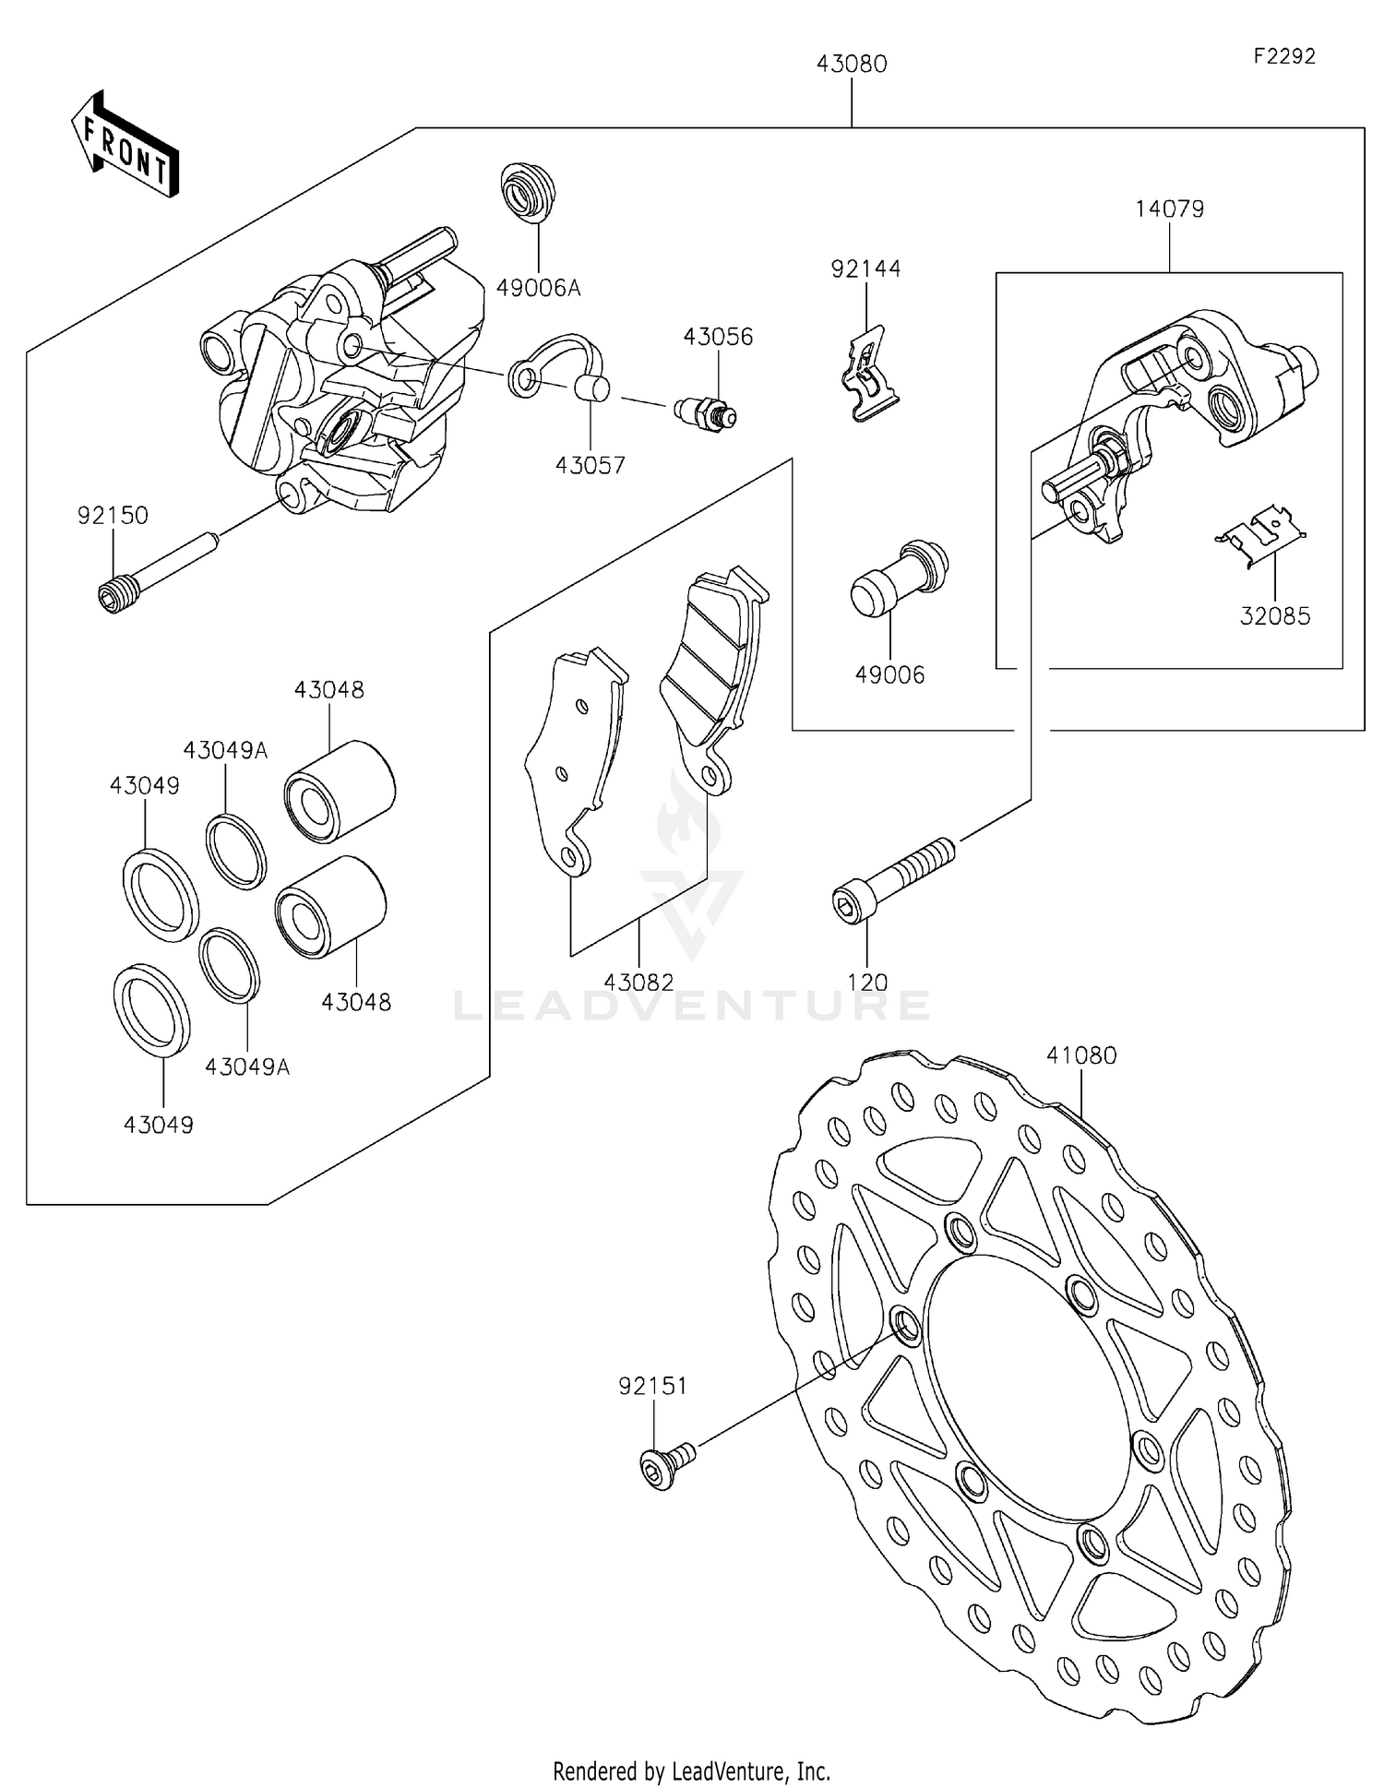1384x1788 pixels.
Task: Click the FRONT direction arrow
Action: tap(125, 146)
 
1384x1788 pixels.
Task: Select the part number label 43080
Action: tap(851, 64)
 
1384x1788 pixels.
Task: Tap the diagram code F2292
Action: tap(1283, 56)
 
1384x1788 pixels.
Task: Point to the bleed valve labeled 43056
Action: tap(706, 412)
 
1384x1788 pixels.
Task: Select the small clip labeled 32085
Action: tap(1261, 534)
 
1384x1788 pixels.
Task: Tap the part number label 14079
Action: tap(1169, 209)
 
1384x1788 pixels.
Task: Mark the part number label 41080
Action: tap(1081, 1055)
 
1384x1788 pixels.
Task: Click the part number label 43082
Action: tap(638, 982)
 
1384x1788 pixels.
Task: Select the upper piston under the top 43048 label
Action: tap(340, 791)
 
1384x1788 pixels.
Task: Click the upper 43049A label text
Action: tap(225, 750)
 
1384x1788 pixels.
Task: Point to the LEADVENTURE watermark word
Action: tap(692, 1006)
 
